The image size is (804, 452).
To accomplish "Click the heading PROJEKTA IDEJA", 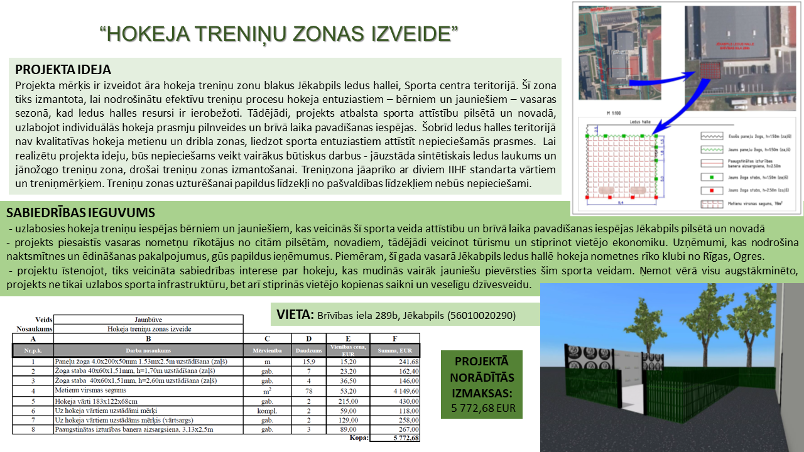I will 63,69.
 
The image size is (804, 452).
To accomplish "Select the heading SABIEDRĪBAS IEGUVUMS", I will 80,213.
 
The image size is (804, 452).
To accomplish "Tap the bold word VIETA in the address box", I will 294,314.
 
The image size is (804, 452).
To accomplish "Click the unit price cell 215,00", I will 348,401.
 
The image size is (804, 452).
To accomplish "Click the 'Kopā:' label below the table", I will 359,438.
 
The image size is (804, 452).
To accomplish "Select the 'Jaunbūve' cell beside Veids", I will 148,320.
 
